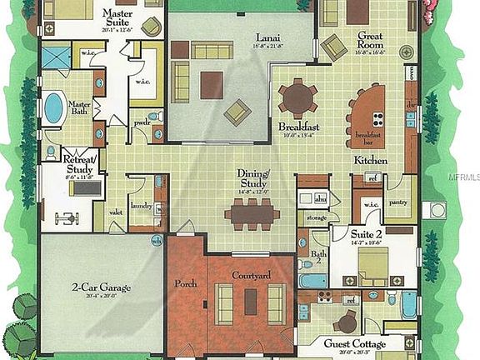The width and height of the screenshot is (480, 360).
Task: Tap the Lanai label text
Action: pos(267,37)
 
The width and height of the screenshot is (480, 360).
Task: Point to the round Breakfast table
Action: pos(297,98)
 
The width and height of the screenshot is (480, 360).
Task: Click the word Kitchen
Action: pos(369,159)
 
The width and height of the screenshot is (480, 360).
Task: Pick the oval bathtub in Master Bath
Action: pos(54,108)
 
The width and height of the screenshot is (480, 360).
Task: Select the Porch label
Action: pos(185,283)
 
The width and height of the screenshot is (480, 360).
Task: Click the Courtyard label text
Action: pos(248,274)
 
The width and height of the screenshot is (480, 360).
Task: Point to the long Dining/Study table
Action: pos(252,213)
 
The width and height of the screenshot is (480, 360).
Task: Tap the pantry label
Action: pos(399,201)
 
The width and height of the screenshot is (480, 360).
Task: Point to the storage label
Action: pos(317,217)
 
